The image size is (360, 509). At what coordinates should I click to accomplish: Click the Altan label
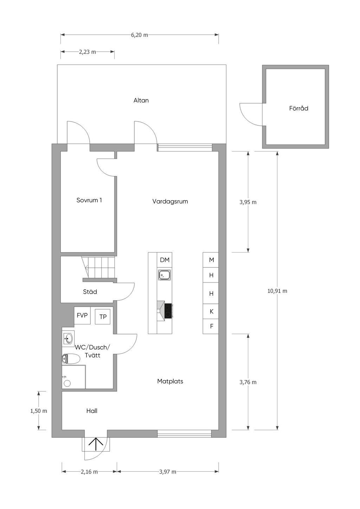tap(141, 100)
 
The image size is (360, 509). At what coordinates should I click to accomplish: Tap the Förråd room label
tap(298, 108)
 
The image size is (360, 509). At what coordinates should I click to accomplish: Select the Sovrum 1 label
tap(89, 200)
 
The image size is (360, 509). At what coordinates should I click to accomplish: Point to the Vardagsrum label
tap(170, 202)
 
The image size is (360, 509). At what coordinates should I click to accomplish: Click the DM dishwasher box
tap(165, 260)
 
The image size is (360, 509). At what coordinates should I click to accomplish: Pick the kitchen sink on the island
tap(165, 275)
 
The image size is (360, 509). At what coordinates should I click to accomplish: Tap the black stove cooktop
tap(168, 311)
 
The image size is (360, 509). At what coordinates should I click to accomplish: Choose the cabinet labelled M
tap(211, 260)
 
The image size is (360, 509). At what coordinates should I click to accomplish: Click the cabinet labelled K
tap(211, 311)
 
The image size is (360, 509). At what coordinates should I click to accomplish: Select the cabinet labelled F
tap(211, 326)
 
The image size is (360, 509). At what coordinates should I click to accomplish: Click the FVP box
tap(82, 315)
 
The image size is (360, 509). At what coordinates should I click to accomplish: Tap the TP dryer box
tap(103, 317)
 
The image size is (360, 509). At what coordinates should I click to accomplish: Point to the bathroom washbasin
tap(68, 339)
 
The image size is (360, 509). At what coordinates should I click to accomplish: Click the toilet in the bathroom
tap(71, 359)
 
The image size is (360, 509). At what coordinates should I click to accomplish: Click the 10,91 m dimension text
tap(277, 291)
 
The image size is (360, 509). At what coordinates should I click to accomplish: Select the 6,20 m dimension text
tap(140, 35)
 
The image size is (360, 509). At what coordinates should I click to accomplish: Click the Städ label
tap(90, 292)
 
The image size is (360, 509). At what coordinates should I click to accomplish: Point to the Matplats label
tap(170, 381)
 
